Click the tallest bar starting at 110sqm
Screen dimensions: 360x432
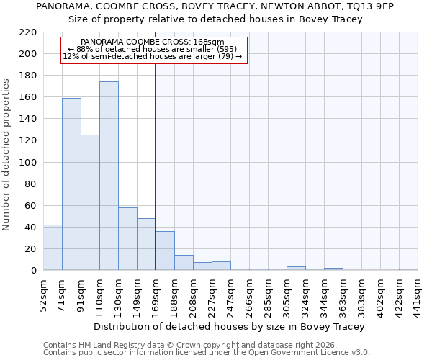pyautogui.click(x=109, y=176)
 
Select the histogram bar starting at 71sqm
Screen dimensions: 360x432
pyautogui.click(x=71, y=184)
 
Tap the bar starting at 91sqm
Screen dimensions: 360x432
pyautogui.click(x=90, y=202)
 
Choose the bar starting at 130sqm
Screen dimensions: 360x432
pyautogui.click(x=127, y=238)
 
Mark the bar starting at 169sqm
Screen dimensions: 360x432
pyautogui.click(x=165, y=251)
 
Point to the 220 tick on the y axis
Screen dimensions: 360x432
pyautogui.click(x=30, y=32)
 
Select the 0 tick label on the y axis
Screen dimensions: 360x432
pyautogui.click(x=35, y=271)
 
